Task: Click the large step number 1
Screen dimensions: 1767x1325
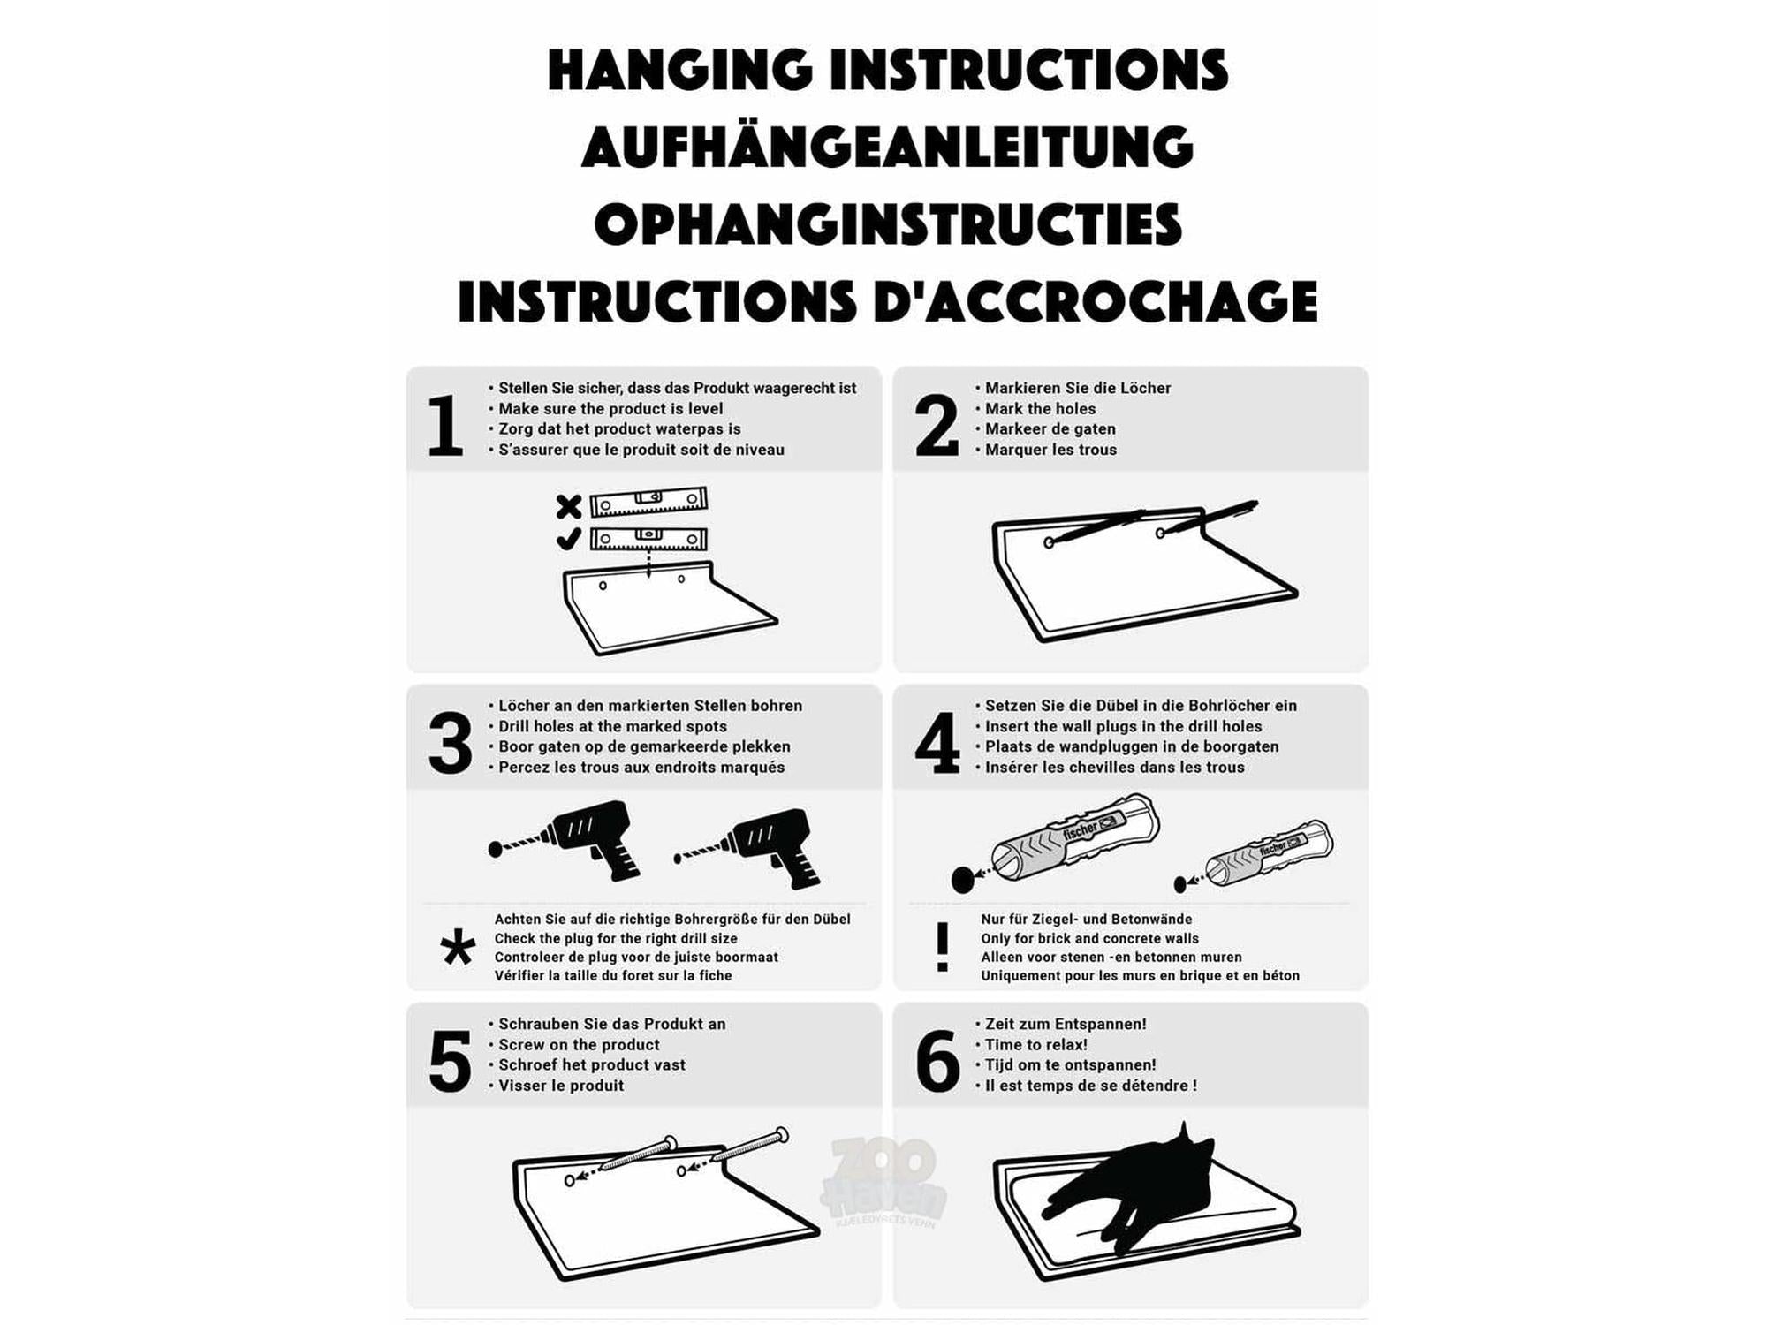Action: (445, 426)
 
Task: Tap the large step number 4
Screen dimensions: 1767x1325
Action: (937, 743)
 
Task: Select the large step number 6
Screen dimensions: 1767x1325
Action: (937, 1061)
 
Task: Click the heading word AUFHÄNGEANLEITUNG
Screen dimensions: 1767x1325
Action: (887, 146)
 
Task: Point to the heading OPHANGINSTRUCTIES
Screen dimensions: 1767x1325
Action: (888, 223)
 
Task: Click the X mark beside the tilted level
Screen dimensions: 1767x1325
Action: (569, 506)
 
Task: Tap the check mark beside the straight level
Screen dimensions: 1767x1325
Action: (569, 538)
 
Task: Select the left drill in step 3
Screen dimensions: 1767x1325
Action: (565, 840)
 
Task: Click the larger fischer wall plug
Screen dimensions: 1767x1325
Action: (1056, 844)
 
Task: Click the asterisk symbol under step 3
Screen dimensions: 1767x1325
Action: (458, 949)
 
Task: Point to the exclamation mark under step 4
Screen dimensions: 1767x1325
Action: (943, 947)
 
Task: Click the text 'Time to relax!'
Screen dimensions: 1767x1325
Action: (1036, 1045)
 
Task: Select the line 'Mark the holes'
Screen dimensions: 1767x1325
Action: (1040, 409)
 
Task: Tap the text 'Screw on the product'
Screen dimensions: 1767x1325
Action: (579, 1045)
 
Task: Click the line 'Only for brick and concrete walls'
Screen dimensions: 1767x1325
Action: (1089, 938)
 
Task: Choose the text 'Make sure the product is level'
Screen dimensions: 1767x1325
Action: (610, 409)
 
